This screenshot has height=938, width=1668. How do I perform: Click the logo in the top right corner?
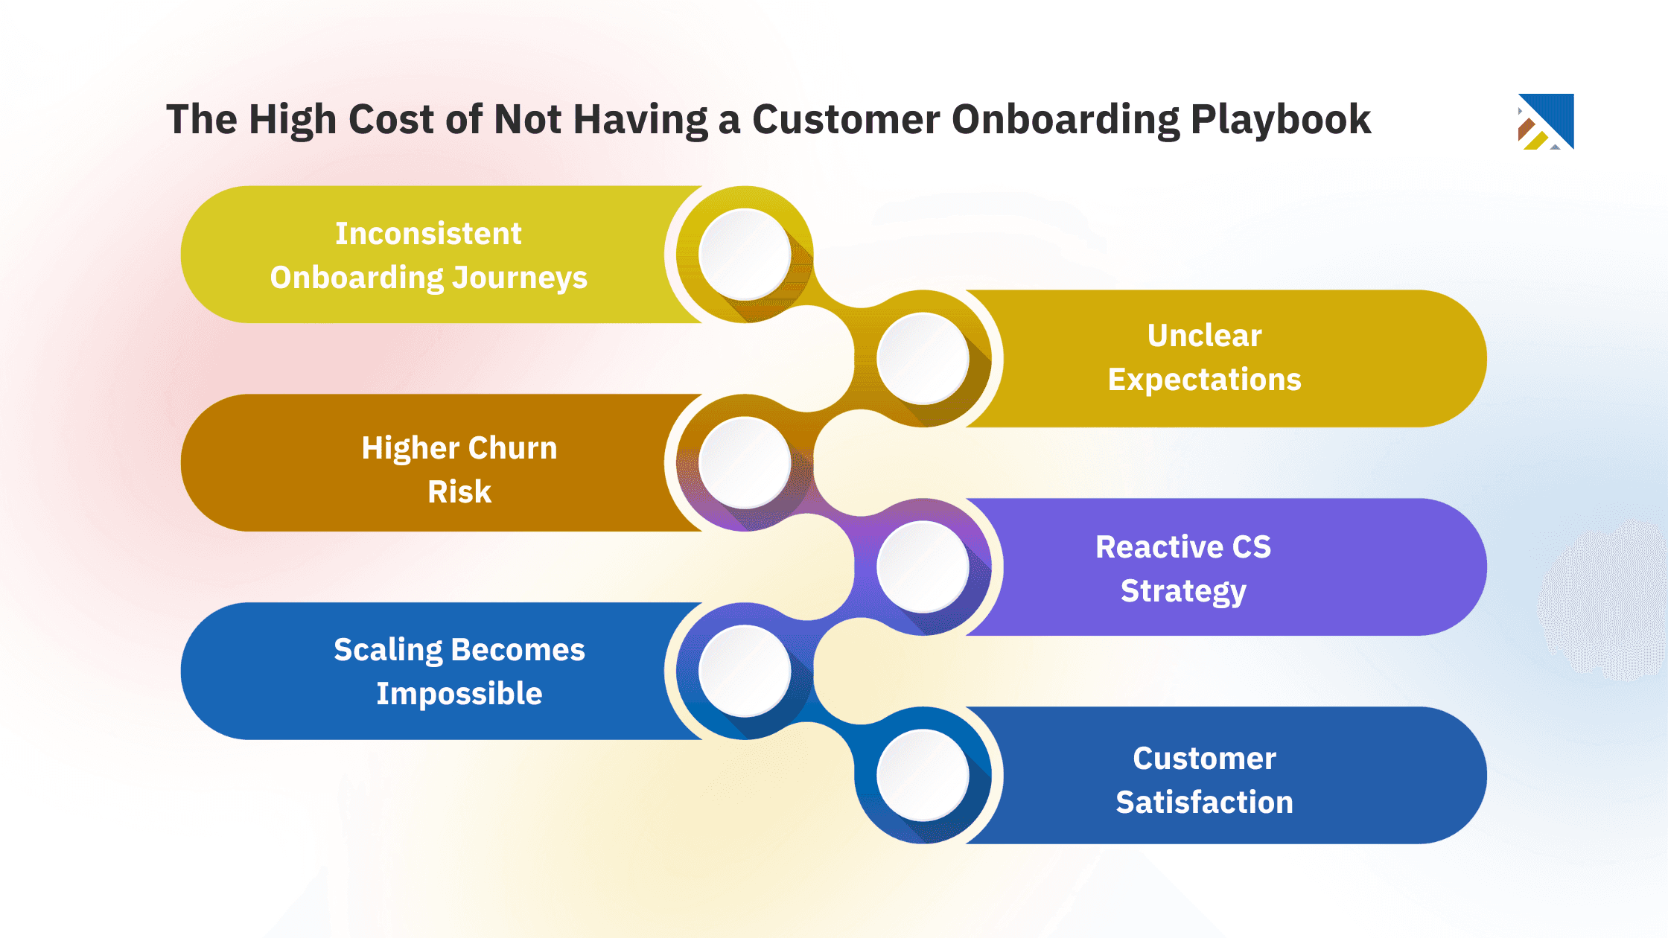pyautogui.click(x=1546, y=121)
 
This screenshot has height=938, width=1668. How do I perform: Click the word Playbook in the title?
pyautogui.click(x=1280, y=119)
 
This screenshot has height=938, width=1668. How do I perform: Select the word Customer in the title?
pyautogui.click(x=846, y=119)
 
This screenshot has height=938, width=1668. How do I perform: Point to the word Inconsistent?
pyautogui.click(x=428, y=234)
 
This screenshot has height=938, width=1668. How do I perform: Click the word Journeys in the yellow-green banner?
pyautogui.click(x=520, y=278)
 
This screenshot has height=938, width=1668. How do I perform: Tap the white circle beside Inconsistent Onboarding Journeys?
pyautogui.click(x=745, y=254)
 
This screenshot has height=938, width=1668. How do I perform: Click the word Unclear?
pyautogui.click(x=1204, y=336)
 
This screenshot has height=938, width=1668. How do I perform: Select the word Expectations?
pyautogui.click(x=1204, y=380)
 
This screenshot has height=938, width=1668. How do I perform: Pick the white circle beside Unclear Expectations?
pyautogui.click(x=923, y=358)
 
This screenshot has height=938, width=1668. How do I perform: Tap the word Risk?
pyautogui.click(x=459, y=492)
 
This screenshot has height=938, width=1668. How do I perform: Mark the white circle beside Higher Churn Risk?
pyautogui.click(x=745, y=462)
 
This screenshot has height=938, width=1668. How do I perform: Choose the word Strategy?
pyautogui.click(x=1183, y=591)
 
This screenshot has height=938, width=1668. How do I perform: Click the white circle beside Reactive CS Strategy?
pyautogui.click(x=923, y=567)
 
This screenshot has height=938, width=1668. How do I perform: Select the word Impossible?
pyautogui.click(x=459, y=694)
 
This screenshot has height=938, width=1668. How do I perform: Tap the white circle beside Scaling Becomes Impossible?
pyautogui.click(x=745, y=671)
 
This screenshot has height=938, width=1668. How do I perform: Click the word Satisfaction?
pyautogui.click(x=1204, y=803)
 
